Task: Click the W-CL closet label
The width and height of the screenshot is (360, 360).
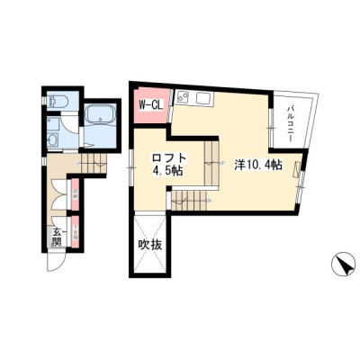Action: pyautogui.click(x=150, y=104)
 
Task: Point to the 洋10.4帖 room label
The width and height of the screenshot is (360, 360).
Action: pyautogui.click(x=258, y=165)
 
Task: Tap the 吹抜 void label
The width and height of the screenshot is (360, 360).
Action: pyautogui.click(x=148, y=245)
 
